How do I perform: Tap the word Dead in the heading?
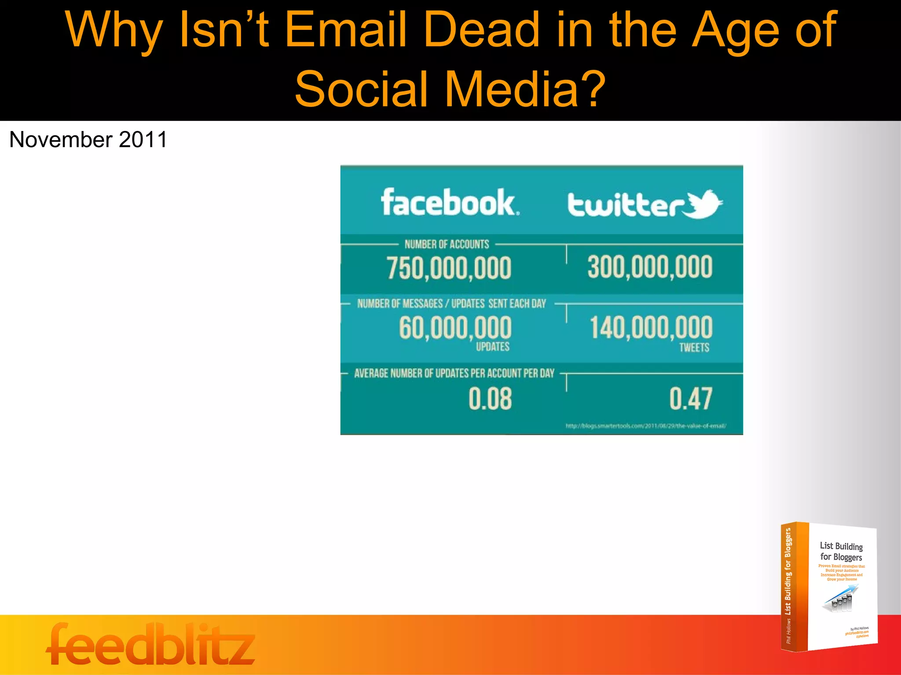point(481,30)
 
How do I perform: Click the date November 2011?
point(88,140)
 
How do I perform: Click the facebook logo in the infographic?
point(450,203)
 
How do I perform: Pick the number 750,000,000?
point(449,268)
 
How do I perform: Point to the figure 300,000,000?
point(650,267)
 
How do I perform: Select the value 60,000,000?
point(455,328)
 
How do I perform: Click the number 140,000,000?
point(651,327)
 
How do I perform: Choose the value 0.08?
point(490,399)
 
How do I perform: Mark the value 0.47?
point(691,399)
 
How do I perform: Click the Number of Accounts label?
point(447,244)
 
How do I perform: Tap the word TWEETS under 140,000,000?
point(694,348)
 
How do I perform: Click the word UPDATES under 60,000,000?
point(493,347)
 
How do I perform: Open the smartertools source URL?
point(645,426)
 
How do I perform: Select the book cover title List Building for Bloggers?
point(841,552)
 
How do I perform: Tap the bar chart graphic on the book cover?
point(840,599)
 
